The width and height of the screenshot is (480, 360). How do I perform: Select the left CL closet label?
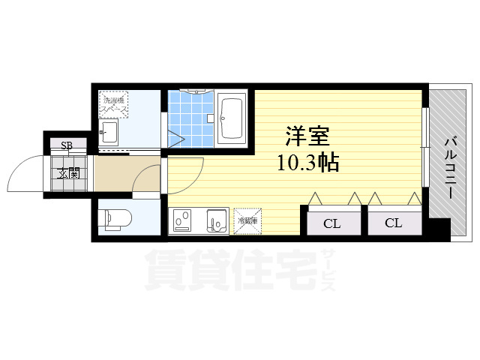[x=331, y=223]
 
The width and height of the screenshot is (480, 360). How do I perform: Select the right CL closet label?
[x=393, y=223]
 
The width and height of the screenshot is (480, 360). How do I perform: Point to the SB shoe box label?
[x=66, y=145]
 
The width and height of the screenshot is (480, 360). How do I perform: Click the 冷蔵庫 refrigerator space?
[x=247, y=220]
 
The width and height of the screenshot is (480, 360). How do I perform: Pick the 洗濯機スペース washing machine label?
[x=115, y=104]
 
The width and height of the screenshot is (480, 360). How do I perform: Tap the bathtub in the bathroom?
[x=232, y=118]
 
